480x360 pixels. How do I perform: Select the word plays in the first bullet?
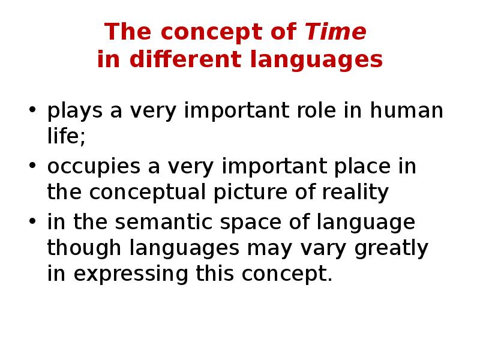pyautogui.click(x=70, y=112)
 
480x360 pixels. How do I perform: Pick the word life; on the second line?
pyautogui.click(x=67, y=137)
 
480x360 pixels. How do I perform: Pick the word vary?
pyautogui.click(x=326, y=249)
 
